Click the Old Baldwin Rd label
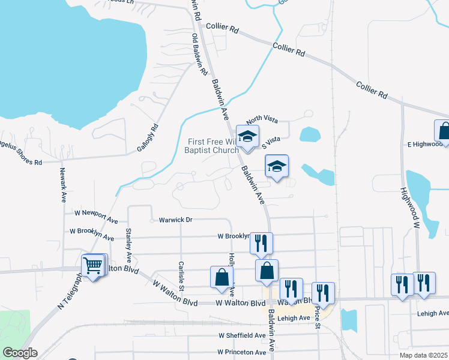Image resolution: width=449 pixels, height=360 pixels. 199,55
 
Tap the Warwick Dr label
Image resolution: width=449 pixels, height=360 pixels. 175,220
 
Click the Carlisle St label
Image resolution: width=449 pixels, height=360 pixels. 181,274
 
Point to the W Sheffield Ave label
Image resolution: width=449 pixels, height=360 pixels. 242,335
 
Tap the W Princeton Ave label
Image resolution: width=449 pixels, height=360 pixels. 242,352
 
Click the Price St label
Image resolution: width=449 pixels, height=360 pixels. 316,318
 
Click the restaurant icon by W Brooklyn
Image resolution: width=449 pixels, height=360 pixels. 260,243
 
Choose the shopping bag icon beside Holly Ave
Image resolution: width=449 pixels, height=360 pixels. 221,277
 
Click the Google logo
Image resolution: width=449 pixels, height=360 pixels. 19,353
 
